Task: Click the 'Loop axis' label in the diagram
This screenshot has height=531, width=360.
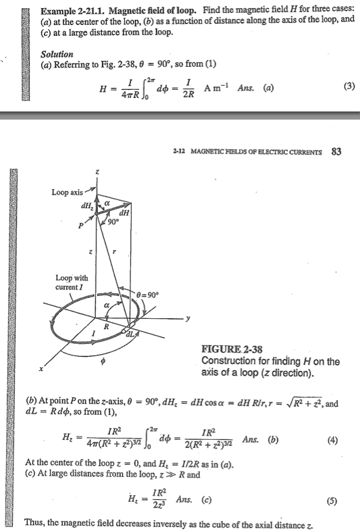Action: (67, 193)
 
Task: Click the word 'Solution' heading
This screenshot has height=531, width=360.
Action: (57, 53)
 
